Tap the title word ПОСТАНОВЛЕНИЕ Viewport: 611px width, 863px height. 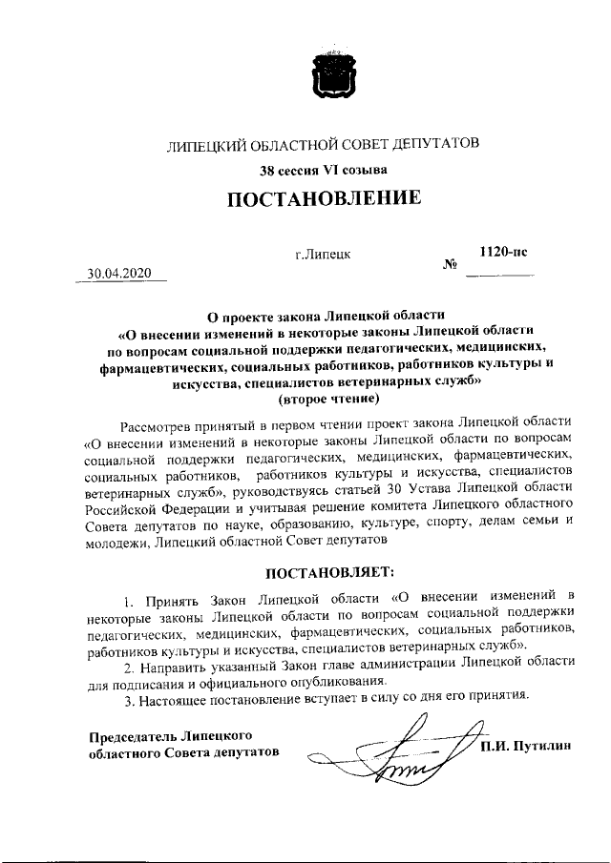324,199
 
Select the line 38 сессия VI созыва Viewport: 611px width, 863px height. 324,171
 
